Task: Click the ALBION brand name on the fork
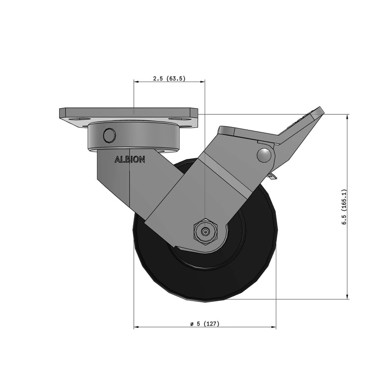pos(130,160)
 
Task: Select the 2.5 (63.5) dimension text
pos(169,79)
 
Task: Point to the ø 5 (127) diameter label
pos(205,324)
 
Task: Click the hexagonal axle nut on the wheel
pos(205,232)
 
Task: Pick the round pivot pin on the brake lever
pos(265,155)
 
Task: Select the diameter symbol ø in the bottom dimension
pos(192,324)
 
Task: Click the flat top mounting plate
pos(128,113)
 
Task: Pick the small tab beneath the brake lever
pos(272,176)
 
